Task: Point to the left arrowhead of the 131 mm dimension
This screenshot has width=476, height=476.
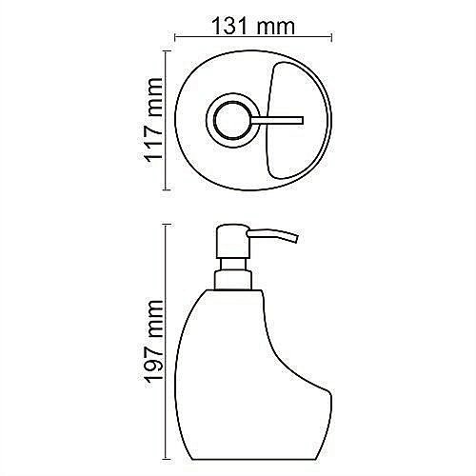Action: coord(178,40)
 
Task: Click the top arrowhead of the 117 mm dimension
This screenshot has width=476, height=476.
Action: coord(169,54)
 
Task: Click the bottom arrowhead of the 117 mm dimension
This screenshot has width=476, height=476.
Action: coord(169,188)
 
